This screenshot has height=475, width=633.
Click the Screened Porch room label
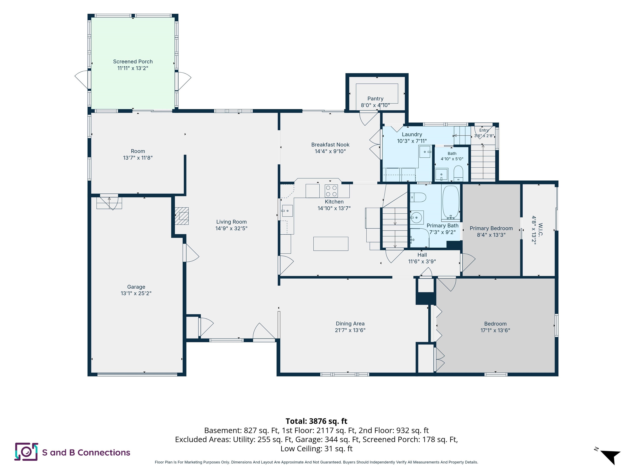[x=133, y=62]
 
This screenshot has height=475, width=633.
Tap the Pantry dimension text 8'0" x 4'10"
[x=375, y=105]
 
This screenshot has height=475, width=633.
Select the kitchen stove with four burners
[x=331, y=191]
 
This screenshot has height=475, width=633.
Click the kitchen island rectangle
[x=331, y=244]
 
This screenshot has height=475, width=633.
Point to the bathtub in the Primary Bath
[x=451, y=202]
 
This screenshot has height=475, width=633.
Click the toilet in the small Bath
[x=458, y=173]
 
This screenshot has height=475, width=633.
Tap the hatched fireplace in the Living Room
[x=182, y=216]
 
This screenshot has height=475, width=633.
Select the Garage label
[x=136, y=287]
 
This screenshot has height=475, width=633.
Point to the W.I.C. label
[x=540, y=229]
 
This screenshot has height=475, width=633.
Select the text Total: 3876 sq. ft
[x=316, y=421]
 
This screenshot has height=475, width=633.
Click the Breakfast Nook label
[x=330, y=145]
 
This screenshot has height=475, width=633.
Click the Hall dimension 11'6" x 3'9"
[x=422, y=261]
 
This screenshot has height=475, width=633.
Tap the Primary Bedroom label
[x=491, y=228]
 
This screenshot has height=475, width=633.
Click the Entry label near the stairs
[x=484, y=130]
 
